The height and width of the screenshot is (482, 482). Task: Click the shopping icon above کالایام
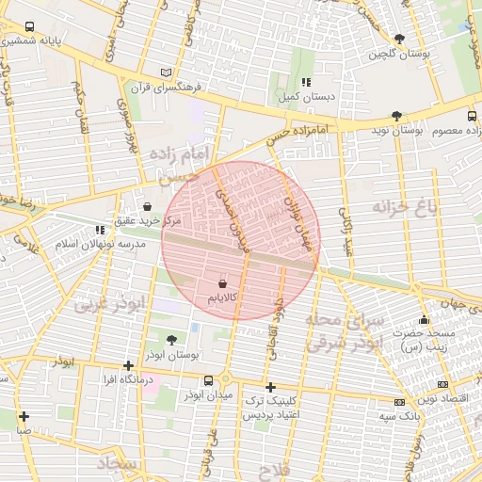tap(222, 283)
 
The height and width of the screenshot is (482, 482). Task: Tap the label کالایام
tap(222, 298)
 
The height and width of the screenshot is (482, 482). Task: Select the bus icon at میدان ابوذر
tap(208, 380)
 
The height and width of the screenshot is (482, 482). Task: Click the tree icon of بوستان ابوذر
tap(170, 340)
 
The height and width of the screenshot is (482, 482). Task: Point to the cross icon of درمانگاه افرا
tap(128, 365)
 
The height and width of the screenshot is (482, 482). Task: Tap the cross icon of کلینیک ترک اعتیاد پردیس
tap(270, 387)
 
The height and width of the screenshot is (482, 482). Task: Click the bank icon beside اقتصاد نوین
tap(442, 384)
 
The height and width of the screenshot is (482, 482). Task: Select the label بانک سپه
tap(399, 415)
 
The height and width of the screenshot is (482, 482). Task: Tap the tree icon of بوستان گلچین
tap(400, 40)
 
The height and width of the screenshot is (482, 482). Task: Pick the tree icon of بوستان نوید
tap(396, 117)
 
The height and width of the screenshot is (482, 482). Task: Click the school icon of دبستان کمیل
tap(306, 82)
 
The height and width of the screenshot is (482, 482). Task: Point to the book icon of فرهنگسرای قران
tap(167, 72)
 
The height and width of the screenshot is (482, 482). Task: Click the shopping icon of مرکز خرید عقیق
tap(147, 206)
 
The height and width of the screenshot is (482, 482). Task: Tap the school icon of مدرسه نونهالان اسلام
tap(100, 230)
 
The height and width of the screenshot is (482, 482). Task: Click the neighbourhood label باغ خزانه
tap(405, 207)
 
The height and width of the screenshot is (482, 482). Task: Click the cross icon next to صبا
tap(24, 416)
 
